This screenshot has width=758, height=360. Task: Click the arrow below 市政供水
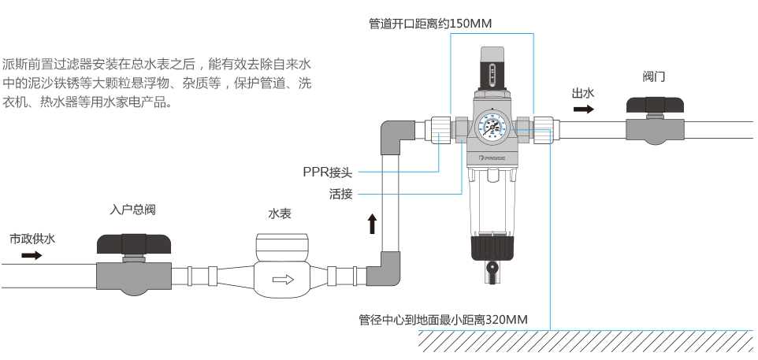pos(32,255)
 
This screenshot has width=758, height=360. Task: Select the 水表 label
pos(280,213)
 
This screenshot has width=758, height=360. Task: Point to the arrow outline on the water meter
pos(282,279)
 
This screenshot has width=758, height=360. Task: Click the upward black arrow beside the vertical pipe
pos(372,223)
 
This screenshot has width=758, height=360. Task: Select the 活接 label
pos(340,193)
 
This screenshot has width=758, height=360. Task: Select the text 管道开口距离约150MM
pos(430,24)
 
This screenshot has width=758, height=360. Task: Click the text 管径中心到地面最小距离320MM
pos(443,320)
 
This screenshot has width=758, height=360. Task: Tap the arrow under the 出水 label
pos(583,109)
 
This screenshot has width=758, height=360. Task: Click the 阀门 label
pos(654,76)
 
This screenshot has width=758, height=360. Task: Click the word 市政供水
pos(32,238)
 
